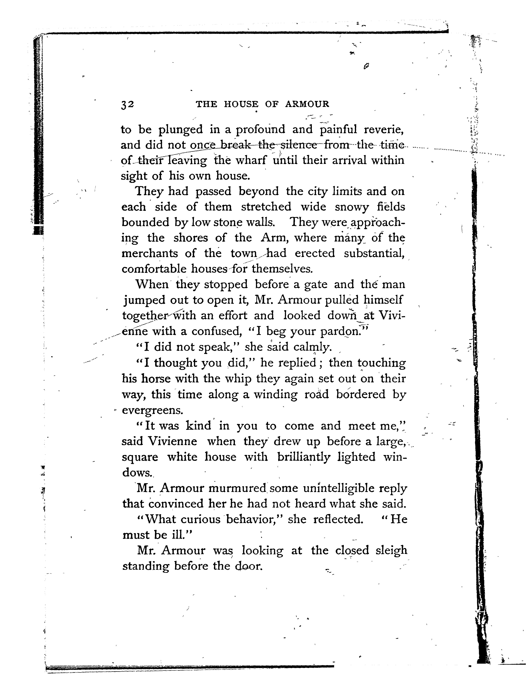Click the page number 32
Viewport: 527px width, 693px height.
pos(127,104)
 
